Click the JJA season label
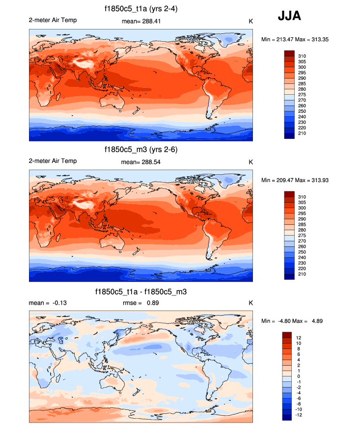pyautogui.click(x=289, y=16)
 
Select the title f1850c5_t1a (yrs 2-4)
pyautogui.click(x=141, y=9)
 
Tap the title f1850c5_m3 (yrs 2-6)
pyautogui.click(x=141, y=150)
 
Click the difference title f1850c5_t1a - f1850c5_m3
pyautogui.click(x=141, y=292)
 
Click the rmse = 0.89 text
pyautogui.click(x=141, y=303)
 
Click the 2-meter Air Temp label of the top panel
pyautogui.click(x=53, y=20)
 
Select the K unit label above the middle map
pyautogui.click(x=250, y=161)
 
